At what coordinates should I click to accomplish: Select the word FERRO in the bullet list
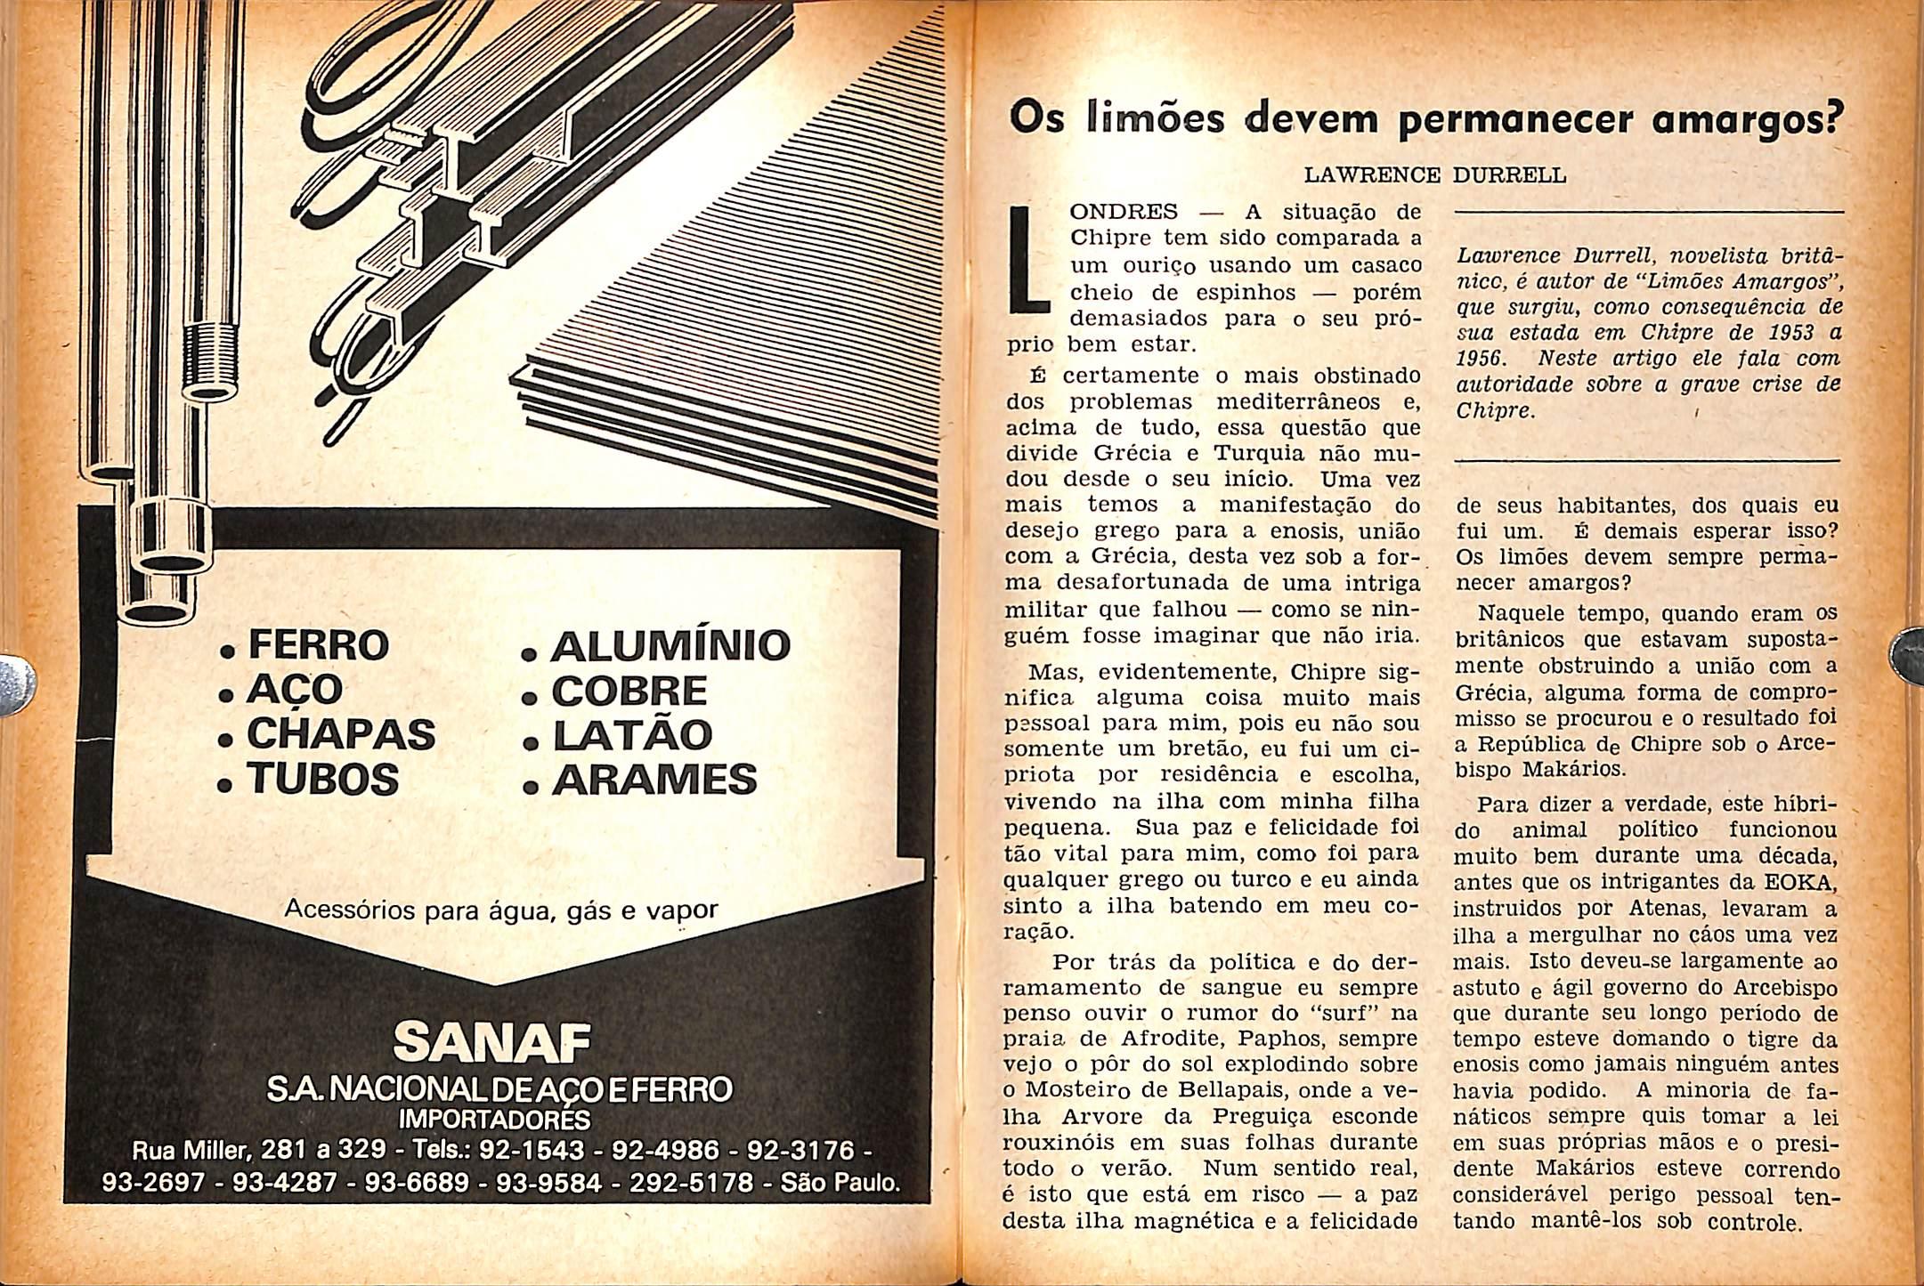click(x=318, y=644)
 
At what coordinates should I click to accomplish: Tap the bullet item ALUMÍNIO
click(x=670, y=645)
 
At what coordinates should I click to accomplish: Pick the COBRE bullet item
click(x=629, y=691)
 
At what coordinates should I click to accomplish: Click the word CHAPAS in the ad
click(x=340, y=734)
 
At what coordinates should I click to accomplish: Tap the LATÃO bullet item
click(x=631, y=735)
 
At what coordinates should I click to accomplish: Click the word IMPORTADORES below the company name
click(x=495, y=1118)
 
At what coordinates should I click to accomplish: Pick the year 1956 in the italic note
click(x=1482, y=359)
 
